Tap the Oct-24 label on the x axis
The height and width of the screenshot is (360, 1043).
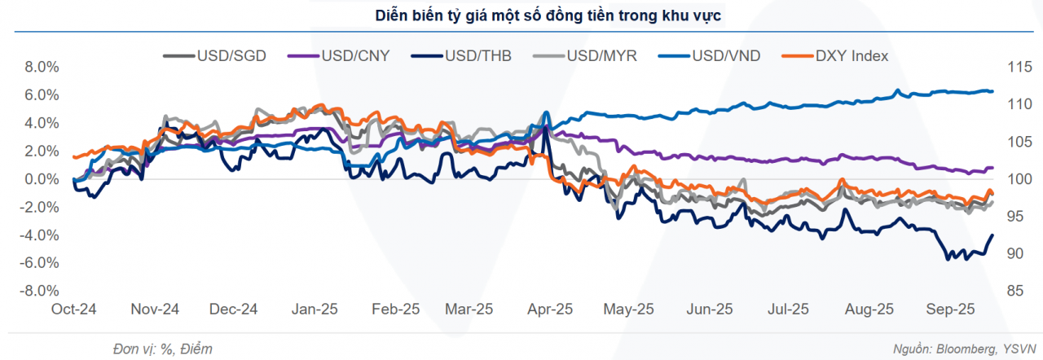[76, 310]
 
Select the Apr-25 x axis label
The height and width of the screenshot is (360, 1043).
[552, 310]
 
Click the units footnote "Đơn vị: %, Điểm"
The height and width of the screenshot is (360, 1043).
[162, 349]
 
